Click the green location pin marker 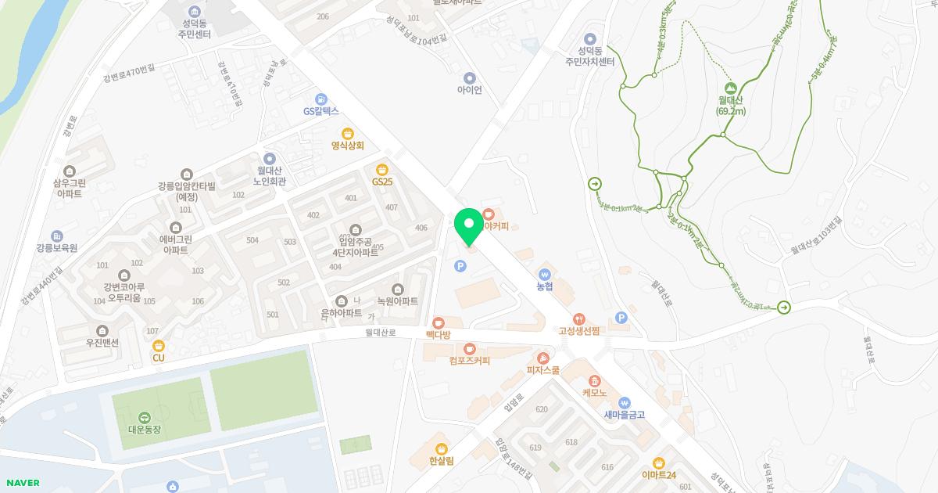(469, 225)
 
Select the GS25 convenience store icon (381, 169)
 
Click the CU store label (159, 358)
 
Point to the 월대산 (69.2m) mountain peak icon (731, 88)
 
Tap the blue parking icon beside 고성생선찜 (621, 317)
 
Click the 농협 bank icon (545, 274)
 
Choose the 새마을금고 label (624, 415)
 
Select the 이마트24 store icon (659, 462)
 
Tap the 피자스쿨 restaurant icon (542, 358)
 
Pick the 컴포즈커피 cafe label (470, 361)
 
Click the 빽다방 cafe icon (438, 322)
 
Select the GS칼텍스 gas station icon (320, 99)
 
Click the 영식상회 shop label (348, 145)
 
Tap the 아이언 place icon (470, 77)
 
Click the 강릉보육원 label (56, 248)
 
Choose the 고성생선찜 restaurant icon (578, 318)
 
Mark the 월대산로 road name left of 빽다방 (381, 333)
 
